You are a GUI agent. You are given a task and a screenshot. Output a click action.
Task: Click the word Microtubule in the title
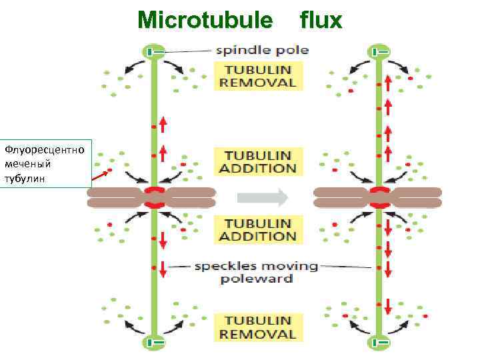click(x=205, y=21)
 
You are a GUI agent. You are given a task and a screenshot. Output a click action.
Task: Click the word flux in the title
click(x=321, y=21)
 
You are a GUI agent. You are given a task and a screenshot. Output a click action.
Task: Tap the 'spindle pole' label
click(x=261, y=50)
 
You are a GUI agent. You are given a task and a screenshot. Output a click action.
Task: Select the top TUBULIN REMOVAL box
click(x=258, y=76)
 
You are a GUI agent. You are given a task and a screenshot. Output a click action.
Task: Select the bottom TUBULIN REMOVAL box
click(x=258, y=327)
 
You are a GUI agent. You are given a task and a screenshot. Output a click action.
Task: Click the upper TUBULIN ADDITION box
click(x=258, y=161)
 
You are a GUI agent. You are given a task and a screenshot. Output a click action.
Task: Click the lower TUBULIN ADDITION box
click(x=258, y=229)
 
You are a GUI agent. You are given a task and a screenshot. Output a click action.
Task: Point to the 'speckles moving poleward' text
click(x=256, y=272)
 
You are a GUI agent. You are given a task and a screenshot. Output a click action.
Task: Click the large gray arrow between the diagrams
click(x=263, y=197)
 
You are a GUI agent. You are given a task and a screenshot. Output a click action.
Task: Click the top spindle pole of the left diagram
click(x=153, y=51)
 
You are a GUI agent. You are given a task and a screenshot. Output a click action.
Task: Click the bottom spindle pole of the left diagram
click(x=153, y=343)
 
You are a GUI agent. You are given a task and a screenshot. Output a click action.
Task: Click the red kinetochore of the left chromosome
click(x=154, y=197)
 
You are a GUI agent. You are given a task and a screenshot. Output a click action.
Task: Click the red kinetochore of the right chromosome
click(x=379, y=197)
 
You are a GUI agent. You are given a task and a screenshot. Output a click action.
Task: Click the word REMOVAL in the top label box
click(x=258, y=83)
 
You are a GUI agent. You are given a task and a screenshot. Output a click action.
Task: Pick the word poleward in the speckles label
click(x=256, y=279)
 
